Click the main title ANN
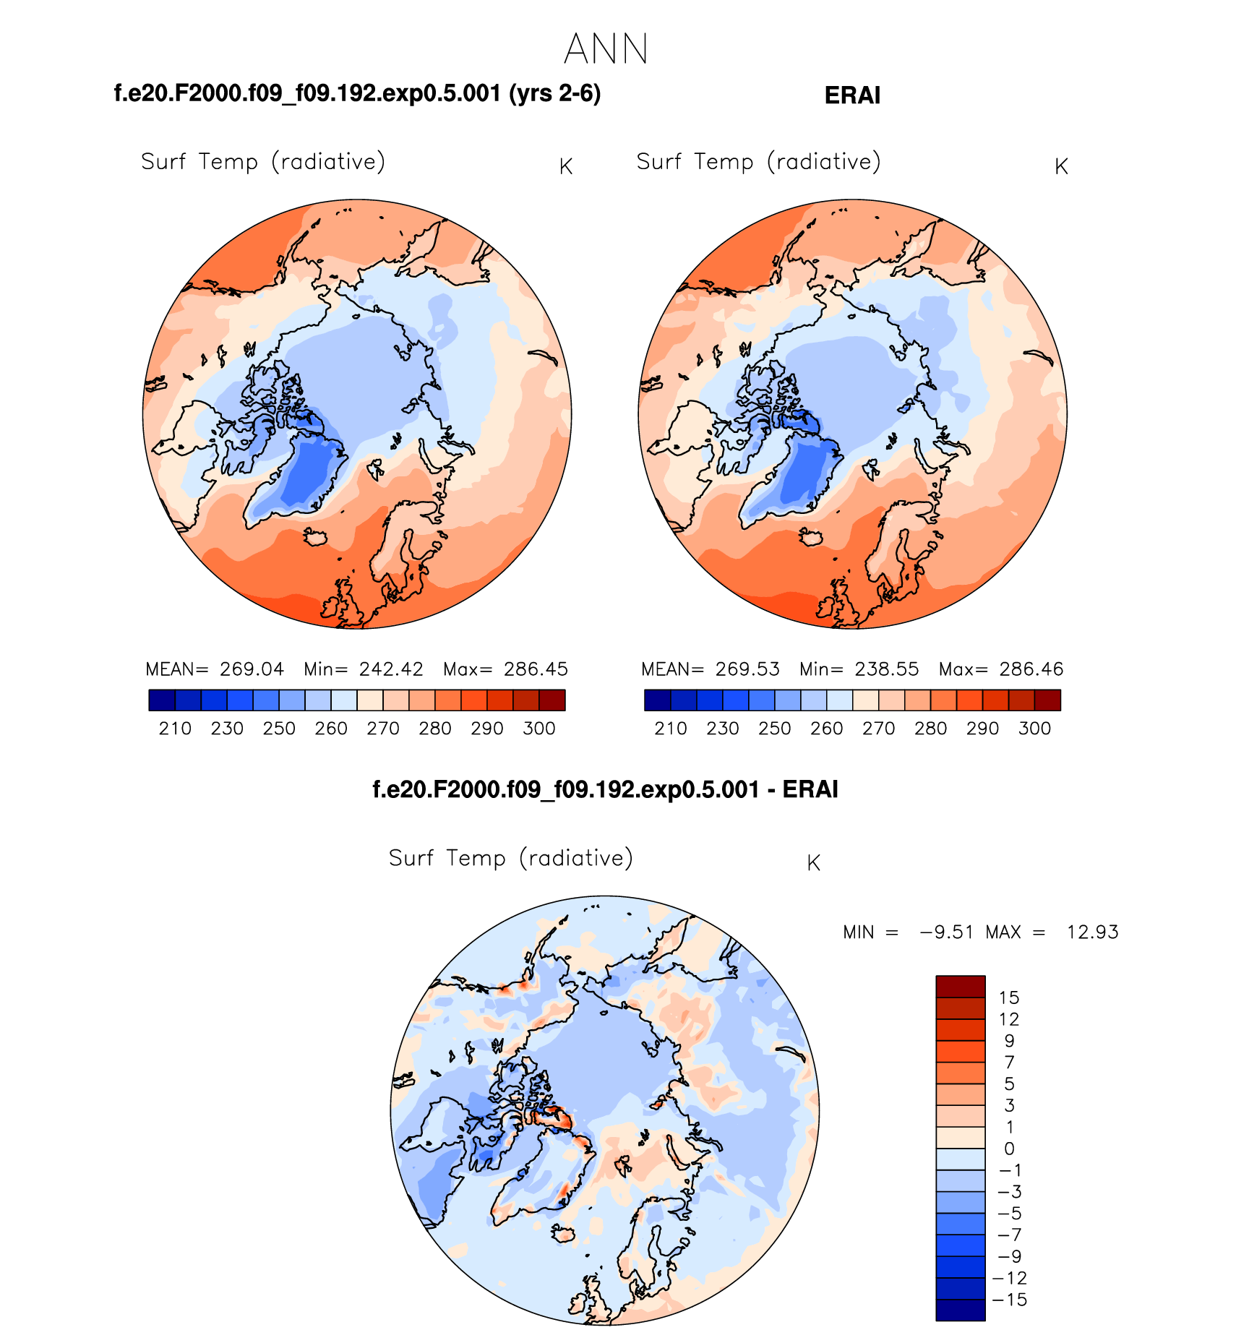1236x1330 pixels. click(606, 49)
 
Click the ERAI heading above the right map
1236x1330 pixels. click(852, 95)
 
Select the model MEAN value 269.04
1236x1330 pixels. click(252, 669)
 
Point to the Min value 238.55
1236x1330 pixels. click(887, 669)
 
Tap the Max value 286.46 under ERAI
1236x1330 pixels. click(1031, 669)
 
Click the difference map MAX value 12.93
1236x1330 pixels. click(1092, 932)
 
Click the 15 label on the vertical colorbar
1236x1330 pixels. click(1009, 998)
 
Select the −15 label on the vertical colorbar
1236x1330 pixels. click(1010, 1300)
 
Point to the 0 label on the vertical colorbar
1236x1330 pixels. click(1010, 1149)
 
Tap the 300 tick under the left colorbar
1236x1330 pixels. click(539, 729)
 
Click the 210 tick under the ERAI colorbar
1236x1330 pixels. click(671, 729)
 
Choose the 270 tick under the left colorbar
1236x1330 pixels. click(383, 729)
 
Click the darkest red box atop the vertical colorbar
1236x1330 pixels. click(960, 987)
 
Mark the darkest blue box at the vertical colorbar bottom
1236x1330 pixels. click(960, 1310)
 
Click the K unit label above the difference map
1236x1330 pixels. click(813, 863)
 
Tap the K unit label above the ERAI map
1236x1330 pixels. click(1061, 167)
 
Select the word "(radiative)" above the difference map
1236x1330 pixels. click(576, 859)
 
